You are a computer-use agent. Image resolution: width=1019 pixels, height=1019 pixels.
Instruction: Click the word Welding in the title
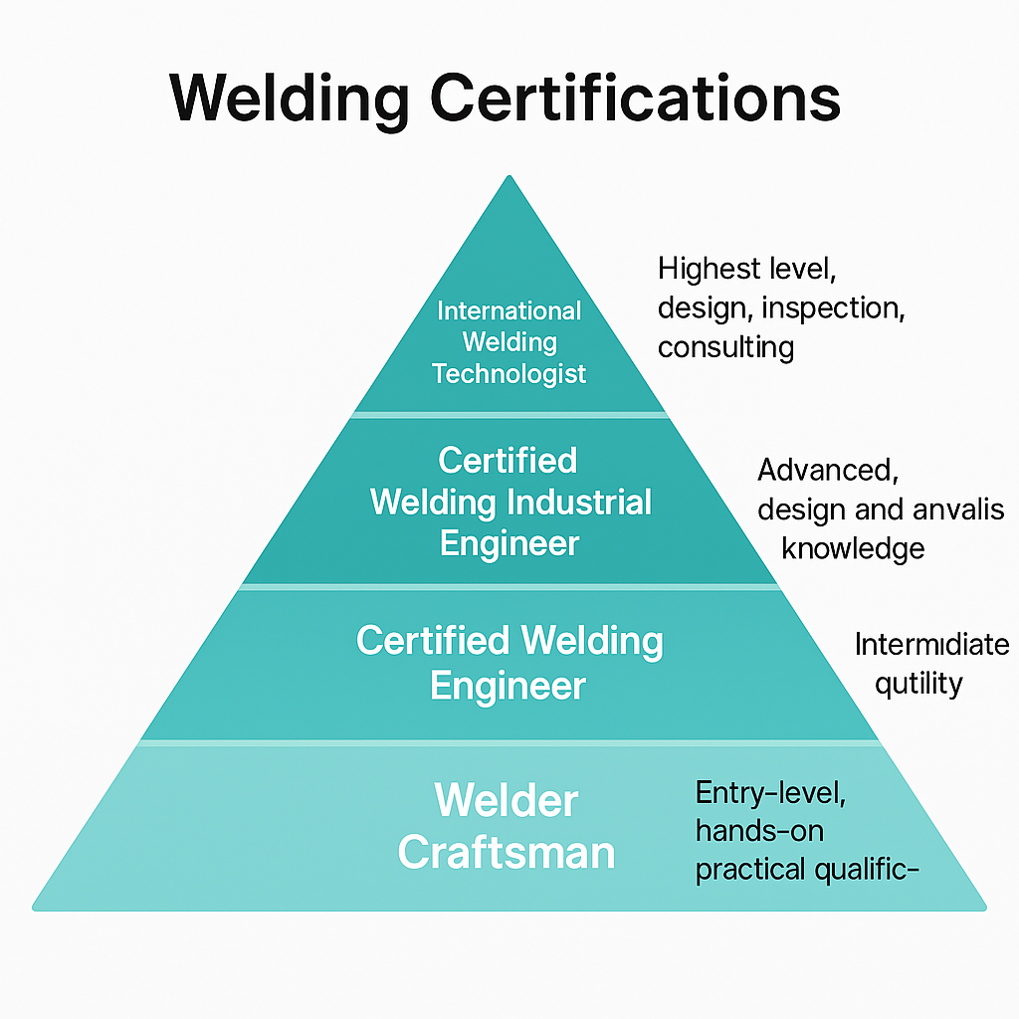click(x=289, y=100)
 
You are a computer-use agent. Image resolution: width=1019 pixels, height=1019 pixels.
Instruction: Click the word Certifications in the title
click(x=633, y=100)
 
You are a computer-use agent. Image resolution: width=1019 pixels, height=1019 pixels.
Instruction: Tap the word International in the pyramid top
click(x=509, y=310)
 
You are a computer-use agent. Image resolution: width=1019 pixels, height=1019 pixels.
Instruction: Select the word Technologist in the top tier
click(x=509, y=374)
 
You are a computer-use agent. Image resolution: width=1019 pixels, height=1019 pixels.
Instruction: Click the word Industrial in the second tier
click(x=580, y=502)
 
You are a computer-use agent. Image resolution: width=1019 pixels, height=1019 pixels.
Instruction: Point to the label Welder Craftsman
click(x=508, y=827)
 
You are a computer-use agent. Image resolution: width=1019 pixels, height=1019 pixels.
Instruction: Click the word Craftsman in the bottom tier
click(x=508, y=854)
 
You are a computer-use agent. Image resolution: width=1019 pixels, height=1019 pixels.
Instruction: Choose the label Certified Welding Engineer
click(x=509, y=663)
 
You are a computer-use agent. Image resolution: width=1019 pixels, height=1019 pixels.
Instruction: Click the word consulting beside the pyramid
click(x=725, y=346)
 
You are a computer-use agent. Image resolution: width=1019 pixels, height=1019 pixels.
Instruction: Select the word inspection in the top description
click(x=833, y=308)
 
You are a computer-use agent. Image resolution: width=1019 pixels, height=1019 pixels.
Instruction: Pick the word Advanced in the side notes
click(x=825, y=470)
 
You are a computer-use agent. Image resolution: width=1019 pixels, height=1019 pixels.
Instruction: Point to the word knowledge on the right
click(x=853, y=547)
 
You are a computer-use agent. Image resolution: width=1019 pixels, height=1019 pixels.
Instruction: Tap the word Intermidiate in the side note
click(x=931, y=645)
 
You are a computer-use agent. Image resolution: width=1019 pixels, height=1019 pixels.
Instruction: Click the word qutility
click(x=918, y=684)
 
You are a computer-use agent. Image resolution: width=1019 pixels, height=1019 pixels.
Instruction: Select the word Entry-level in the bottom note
click(x=771, y=793)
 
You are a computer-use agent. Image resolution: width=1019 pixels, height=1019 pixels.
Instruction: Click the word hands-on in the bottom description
click(x=759, y=830)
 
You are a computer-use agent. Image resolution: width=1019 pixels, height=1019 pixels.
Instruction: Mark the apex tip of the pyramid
click(x=509, y=177)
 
